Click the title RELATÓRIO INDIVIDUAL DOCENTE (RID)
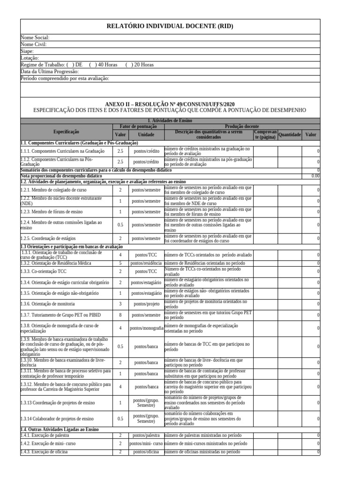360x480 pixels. pyautogui.click(x=170, y=27)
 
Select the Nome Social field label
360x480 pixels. pyautogui.click(x=35, y=37)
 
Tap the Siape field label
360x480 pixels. pyautogui.click(x=27, y=51)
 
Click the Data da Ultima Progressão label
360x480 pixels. pyautogui.click(x=50, y=72)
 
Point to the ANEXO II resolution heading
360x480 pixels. pyautogui.click(x=170, y=103)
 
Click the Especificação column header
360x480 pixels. pyautogui.click(x=66, y=133)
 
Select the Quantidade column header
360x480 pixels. pyautogui.click(x=289, y=135)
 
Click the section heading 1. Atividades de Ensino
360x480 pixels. pyautogui.click(x=170, y=121)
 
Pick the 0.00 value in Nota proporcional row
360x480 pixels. pyautogui.click(x=315, y=176)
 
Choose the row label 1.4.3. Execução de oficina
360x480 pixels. pyautogui.click(x=45, y=451)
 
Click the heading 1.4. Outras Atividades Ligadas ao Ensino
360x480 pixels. pyautogui.click(x=60, y=429)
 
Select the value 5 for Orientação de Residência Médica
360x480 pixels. pyautogui.click(x=120, y=263)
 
